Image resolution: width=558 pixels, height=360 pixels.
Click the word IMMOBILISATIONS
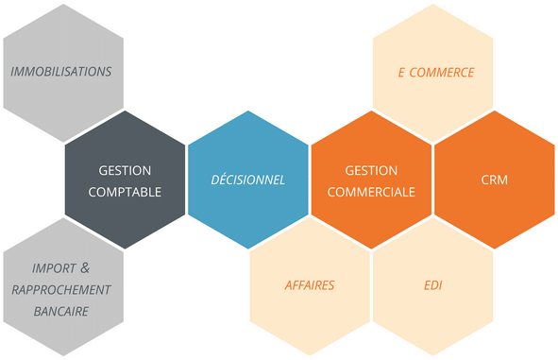click(61, 72)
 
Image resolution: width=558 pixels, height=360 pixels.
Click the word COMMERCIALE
click(371, 190)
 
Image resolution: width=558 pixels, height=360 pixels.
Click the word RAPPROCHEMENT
click(62, 289)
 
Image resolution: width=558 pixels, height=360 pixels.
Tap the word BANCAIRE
click(60, 310)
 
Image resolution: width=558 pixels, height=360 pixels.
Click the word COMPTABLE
click(125, 190)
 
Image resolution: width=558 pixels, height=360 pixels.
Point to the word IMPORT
click(52, 268)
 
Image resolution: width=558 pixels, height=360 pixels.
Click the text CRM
click(494, 180)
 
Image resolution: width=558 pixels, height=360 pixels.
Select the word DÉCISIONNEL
click(247, 180)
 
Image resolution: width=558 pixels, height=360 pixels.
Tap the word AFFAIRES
click(310, 284)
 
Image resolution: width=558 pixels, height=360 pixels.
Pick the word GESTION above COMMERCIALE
click(371, 170)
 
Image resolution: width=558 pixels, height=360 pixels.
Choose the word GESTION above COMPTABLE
click(125, 170)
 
